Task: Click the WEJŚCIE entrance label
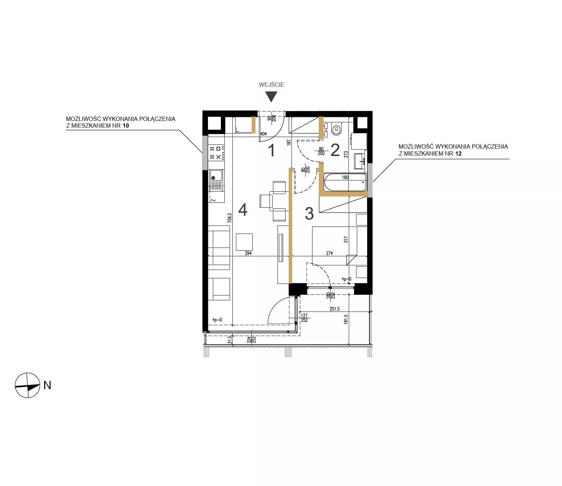[x=272, y=85]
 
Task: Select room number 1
[x=272, y=150]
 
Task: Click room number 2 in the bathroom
[x=335, y=150]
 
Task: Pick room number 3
[x=309, y=214]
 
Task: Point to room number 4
[x=243, y=210]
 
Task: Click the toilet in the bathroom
[x=336, y=130]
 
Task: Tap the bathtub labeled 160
[x=345, y=182]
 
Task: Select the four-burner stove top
[x=217, y=153]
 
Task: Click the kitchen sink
[x=216, y=180]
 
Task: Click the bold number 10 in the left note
[x=125, y=126]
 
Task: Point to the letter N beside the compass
[x=47, y=385]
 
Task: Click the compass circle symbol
[x=28, y=385]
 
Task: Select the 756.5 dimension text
[x=230, y=218]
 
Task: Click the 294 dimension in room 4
[x=248, y=253]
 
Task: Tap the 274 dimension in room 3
[x=330, y=253]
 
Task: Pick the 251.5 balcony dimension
[x=334, y=309]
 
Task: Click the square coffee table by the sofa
[x=244, y=242]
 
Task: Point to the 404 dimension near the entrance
[x=263, y=134]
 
